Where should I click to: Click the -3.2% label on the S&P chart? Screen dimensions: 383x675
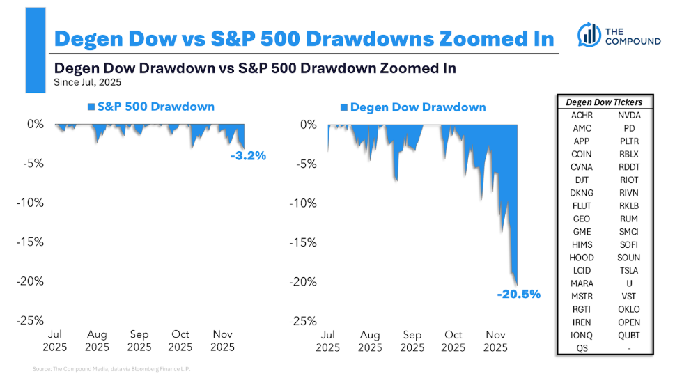249,156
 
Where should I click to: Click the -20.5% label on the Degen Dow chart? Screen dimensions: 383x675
519,295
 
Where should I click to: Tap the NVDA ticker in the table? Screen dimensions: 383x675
628,116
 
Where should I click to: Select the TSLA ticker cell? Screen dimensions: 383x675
628,270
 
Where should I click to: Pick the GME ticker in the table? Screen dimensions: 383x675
582,232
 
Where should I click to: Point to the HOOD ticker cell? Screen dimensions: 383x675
582,258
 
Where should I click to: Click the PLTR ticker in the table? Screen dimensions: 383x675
628,141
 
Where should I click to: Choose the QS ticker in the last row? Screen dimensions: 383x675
582,348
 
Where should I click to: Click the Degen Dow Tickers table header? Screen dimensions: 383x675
605,102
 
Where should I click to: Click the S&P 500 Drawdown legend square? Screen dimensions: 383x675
91,107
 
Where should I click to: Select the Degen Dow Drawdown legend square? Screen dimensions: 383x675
343,108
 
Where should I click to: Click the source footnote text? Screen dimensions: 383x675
111,368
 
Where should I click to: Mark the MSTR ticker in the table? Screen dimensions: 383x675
582,296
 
